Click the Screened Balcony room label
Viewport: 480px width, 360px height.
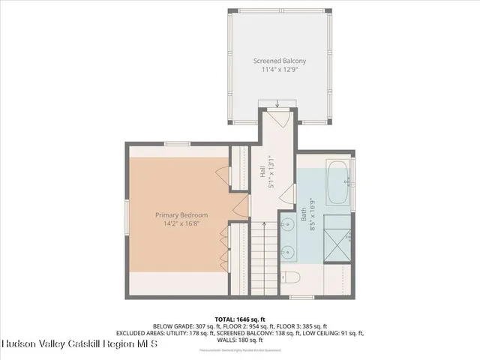click(278, 61)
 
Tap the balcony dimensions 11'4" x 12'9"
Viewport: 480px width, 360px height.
click(278, 70)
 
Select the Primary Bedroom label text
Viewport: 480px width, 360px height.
click(176, 215)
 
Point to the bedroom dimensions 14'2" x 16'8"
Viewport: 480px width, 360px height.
click(176, 224)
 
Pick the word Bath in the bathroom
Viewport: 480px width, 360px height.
click(304, 216)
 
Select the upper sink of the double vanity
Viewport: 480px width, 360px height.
click(289, 223)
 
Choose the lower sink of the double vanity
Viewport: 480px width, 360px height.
click(289, 253)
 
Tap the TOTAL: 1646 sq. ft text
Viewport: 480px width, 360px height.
click(240, 319)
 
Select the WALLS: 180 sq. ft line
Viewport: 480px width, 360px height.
click(240, 340)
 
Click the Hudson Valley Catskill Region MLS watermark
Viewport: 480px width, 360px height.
click(79, 345)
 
